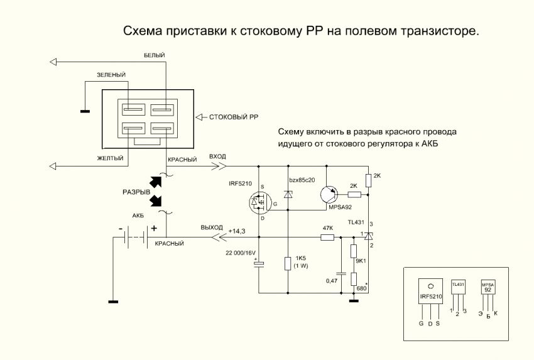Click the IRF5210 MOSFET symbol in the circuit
(x=259, y=202)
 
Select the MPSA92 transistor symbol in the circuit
(x=328, y=194)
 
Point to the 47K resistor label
(x=327, y=227)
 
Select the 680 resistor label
(x=361, y=288)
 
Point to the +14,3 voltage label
(x=237, y=231)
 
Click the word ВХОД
(x=216, y=156)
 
